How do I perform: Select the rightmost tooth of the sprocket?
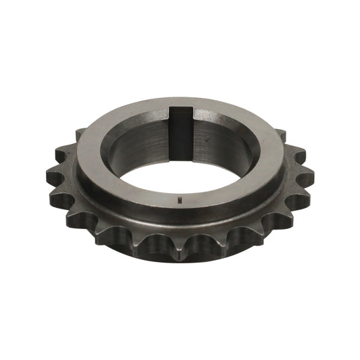tap(307, 178)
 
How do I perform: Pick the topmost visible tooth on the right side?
tap(282, 136)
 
